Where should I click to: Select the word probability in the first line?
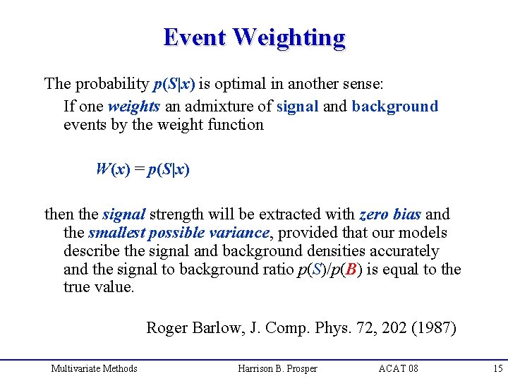(110, 85)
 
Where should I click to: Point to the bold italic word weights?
(134, 107)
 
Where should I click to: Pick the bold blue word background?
(394, 107)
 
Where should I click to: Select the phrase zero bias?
(390, 214)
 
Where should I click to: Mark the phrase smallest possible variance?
(179, 233)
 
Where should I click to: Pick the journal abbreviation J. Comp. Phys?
(282, 327)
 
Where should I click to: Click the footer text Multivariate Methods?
(94, 368)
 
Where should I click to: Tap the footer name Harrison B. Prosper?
(277, 368)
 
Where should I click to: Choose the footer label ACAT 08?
(398, 368)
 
